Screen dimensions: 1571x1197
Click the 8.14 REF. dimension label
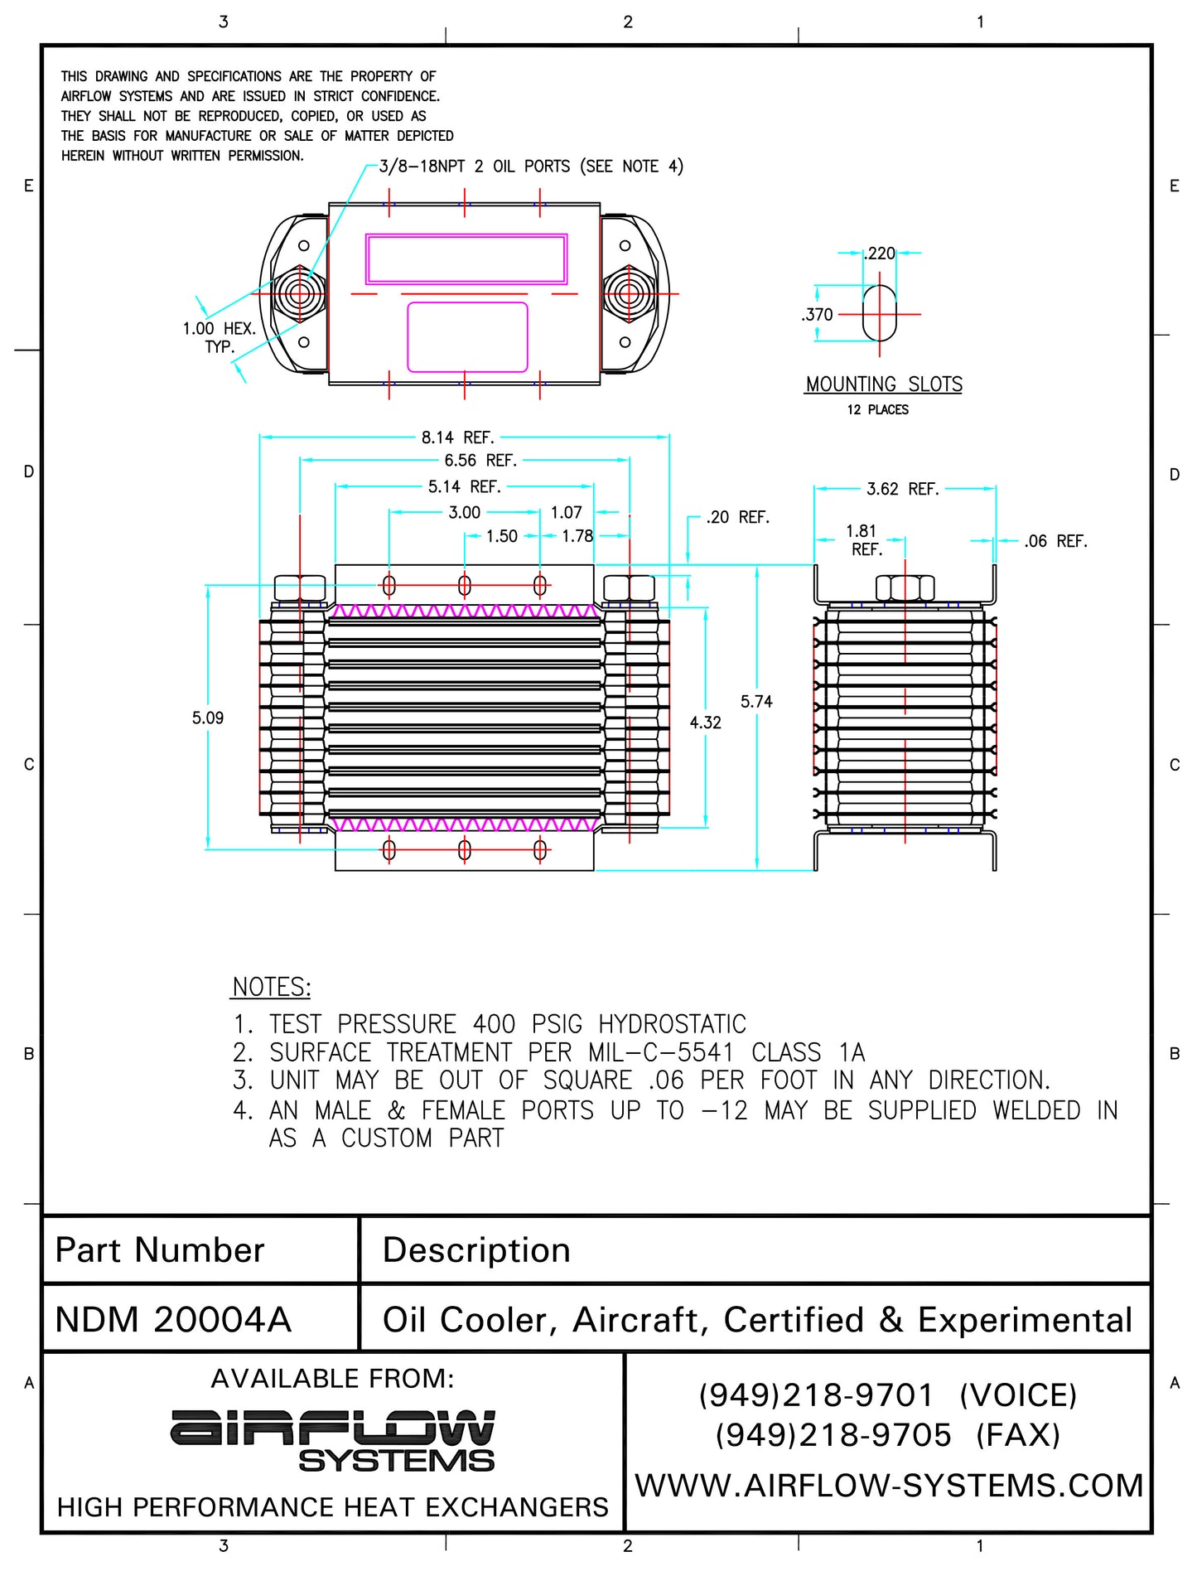[x=457, y=437]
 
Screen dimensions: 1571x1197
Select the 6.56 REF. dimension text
[x=480, y=461]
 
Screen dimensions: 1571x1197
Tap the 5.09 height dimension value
[x=208, y=718]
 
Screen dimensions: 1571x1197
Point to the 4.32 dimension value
[x=706, y=723]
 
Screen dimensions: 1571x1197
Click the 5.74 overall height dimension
[x=756, y=702]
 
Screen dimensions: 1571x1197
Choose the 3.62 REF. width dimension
[x=902, y=489]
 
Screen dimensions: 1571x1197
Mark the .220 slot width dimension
[x=880, y=254]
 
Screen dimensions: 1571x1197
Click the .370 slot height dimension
[x=818, y=315]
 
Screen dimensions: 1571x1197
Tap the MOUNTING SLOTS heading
[x=884, y=384]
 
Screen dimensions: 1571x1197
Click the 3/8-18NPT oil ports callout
[x=531, y=167]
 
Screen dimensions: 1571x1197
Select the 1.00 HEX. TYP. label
[x=219, y=337]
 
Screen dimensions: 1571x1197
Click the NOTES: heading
[x=272, y=988]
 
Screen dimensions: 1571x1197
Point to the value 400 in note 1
[x=494, y=1025]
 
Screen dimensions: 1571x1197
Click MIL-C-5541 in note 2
[x=661, y=1053]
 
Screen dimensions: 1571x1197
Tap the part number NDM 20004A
[x=173, y=1320]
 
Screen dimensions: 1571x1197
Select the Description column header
[x=476, y=1250]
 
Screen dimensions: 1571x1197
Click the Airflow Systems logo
[x=333, y=1442]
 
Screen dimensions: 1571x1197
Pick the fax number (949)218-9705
[x=833, y=1435]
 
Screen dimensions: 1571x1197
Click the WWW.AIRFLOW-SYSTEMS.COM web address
[x=889, y=1486]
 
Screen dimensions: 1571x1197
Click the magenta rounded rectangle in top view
[x=467, y=337]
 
